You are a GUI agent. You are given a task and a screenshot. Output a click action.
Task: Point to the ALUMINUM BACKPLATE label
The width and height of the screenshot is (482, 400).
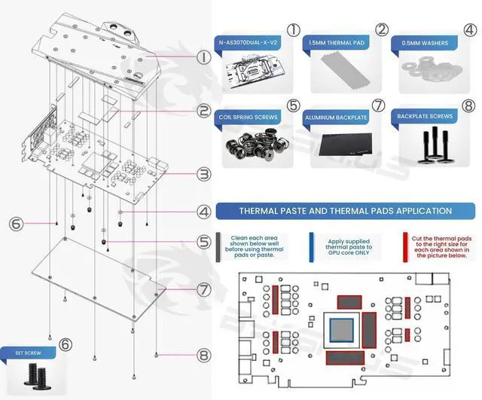click(336, 118)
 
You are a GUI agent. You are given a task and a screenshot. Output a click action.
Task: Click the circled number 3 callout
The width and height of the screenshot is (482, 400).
click(203, 174)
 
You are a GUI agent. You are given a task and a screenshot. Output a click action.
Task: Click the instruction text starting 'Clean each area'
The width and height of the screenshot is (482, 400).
click(249, 246)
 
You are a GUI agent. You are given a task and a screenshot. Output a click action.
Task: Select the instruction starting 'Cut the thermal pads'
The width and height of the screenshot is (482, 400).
click(438, 246)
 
